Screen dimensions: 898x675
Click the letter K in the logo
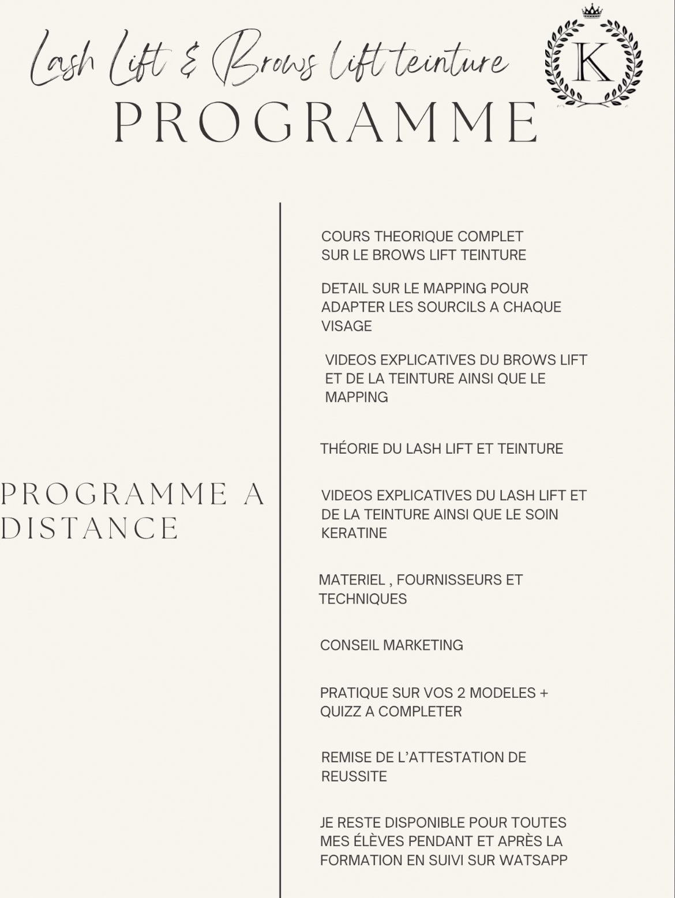(594, 62)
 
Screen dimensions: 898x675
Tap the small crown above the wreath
(592, 12)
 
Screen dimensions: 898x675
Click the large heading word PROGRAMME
(326, 122)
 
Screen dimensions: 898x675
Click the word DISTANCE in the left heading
(90, 528)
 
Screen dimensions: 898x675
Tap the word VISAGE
(346, 326)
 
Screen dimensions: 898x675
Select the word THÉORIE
(348, 449)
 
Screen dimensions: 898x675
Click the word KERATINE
(354, 533)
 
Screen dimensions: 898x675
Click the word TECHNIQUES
(363, 599)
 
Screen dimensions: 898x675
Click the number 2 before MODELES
(461, 693)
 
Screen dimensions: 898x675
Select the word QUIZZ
(340, 712)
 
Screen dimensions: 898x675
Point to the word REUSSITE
(354, 776)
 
